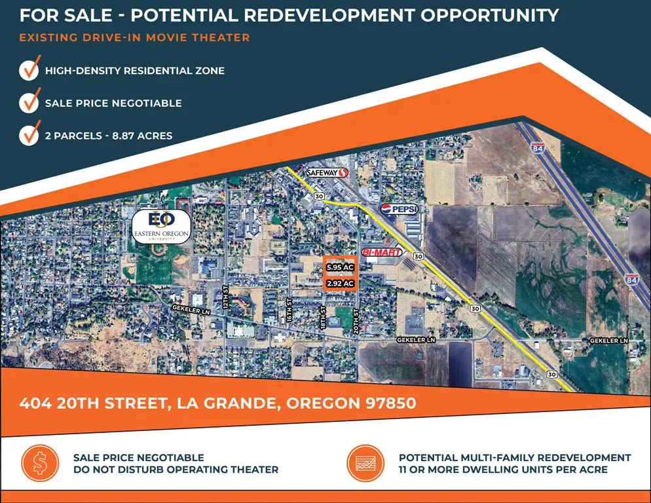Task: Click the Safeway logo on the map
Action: (x=327, y=172)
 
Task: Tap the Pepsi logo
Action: (x=400, y=209)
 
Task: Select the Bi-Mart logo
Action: (x=382, y=251)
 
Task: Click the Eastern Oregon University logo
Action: (x=162, y=227)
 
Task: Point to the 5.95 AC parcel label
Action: (x=340, y=267)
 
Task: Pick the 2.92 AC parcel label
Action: (x=340, y=284)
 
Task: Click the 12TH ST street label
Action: (x=226, y=297)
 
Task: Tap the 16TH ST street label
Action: (x=289, y=309)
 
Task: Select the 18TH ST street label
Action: (x=324, y=318)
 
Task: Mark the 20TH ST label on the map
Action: (x=356, y=321)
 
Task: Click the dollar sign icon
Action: (x=40, y=463)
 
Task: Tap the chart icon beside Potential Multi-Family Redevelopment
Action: (x=365, y=463)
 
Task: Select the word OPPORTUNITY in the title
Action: (x=489, y=15)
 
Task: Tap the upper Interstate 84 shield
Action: (x=538, y=148)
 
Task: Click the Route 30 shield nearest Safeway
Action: (x=319, y=196)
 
